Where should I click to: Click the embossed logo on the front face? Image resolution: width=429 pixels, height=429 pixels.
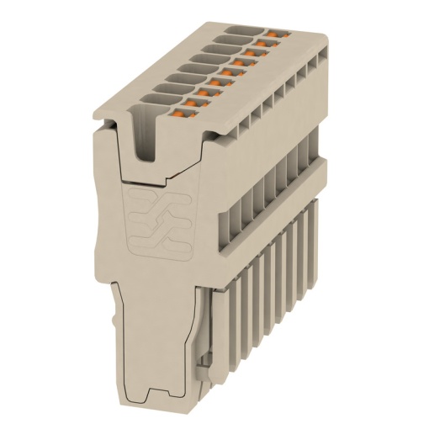click(x=154, y=222)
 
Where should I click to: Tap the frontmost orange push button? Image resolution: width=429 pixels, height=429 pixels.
click(x=185, y=107)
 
